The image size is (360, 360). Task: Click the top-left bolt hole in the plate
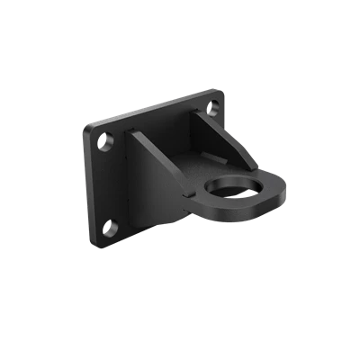[105, 141]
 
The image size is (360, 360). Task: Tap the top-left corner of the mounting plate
[86, 126]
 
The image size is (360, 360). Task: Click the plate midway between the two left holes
[108, 184]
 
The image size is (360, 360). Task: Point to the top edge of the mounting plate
[153, 107]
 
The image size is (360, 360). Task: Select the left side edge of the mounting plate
[89, 185]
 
